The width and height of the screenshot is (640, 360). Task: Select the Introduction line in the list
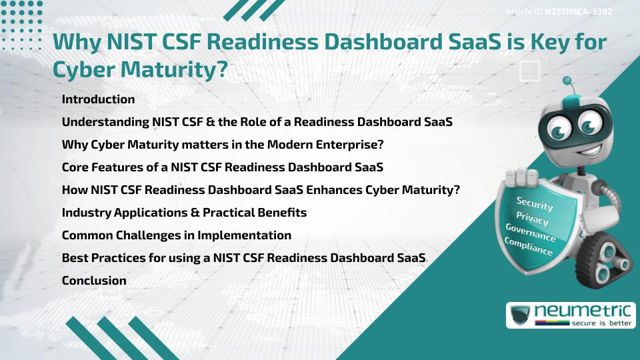[x=98, y=99]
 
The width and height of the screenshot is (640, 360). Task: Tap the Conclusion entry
[x=94, y=281]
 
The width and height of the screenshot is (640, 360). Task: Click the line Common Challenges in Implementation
[x=176, y=235]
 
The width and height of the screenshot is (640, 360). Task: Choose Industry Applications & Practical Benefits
[x=184, y=213]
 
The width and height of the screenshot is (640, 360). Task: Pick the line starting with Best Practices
[x=243, y=258]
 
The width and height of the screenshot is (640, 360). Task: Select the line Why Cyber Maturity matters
[x=223, y=145]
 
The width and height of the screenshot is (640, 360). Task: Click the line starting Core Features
[x=222, y=167]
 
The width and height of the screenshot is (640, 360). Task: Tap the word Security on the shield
[x=534, y=204]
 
